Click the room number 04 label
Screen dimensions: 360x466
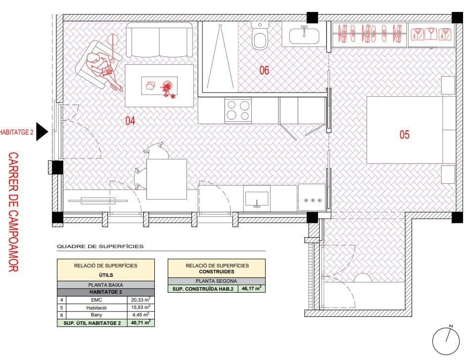[130, 120]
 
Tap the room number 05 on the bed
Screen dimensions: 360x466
[404, 134]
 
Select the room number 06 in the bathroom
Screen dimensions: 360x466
[264, 70]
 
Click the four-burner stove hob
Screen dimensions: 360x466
[238, 110]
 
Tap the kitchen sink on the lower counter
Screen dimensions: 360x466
[257, 199]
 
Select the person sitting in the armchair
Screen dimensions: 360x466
[101, 67]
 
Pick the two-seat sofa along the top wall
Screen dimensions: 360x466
[160, 41]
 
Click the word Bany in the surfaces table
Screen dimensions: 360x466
[96, 315]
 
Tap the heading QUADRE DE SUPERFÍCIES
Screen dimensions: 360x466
[100, 246]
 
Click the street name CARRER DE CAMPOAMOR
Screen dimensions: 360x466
[13, 212]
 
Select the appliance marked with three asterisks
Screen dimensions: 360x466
[312, 200]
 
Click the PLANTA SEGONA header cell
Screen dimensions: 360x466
[216, 281]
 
